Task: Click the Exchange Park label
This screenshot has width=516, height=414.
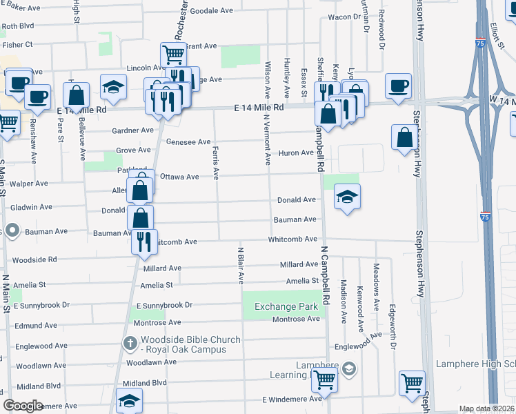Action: (286, 306)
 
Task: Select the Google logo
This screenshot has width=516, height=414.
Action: (23, 405)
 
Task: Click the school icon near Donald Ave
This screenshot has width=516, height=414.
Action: (347, 197)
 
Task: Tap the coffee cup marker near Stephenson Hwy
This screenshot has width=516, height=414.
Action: (399, 87)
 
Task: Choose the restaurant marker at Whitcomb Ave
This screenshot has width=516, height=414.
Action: (144, 241)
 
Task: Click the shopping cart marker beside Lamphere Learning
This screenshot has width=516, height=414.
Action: (324, 379)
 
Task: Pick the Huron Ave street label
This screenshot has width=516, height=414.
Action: (296, 152)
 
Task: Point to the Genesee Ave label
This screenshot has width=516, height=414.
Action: (188, 142)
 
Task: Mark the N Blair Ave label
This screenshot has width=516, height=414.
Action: (241, 265)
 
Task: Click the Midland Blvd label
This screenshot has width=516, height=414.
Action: (145, 382)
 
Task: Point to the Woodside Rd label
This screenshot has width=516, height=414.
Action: (34, 260)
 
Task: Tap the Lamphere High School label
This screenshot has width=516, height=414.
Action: (475, 364)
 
